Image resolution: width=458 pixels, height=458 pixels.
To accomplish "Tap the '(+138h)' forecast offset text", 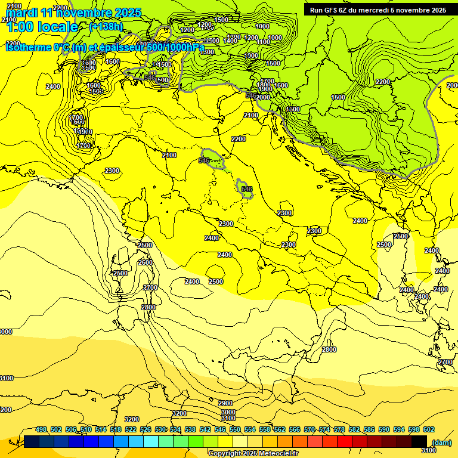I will [106, 26].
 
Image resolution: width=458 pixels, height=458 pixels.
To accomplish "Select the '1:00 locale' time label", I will [42, 27].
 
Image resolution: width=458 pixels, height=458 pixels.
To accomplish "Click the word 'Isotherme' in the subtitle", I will [28, 47].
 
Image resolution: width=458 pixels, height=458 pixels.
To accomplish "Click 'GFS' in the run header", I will [332, 10].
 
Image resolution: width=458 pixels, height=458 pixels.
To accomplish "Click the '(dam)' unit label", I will [441, 442].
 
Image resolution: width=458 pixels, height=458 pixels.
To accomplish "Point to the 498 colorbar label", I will [41, 429].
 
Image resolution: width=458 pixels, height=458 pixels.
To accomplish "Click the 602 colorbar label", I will [429, 429].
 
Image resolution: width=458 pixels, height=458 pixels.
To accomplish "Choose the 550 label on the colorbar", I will [235, 429].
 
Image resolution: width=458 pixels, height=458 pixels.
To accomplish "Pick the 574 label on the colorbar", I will [324, 429].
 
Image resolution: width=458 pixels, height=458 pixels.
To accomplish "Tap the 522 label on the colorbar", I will [131, 429].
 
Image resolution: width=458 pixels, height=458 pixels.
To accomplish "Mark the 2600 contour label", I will [145, 262].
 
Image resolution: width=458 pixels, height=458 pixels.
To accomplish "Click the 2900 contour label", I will [225, 404].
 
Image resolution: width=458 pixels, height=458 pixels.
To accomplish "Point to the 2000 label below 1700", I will [263, 97].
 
